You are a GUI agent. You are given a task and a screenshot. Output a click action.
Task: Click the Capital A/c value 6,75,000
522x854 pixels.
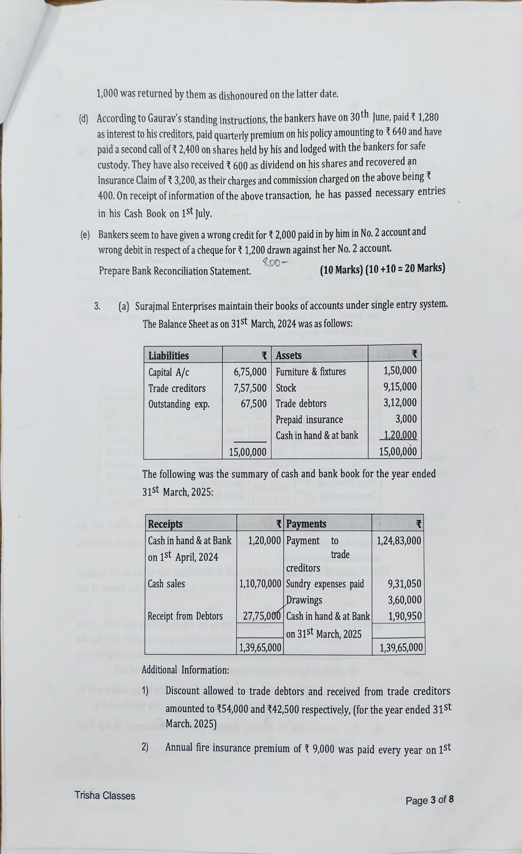pyautogui.click(x=250, y=372)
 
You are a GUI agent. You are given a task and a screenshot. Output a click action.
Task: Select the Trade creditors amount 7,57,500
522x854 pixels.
pyautogui.click(x=250, y=388)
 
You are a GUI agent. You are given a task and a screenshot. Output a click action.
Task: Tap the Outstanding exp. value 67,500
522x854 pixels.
pyautogui.click(x=254, y=404)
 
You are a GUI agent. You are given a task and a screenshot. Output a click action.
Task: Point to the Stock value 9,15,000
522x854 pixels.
pyautogui.click(x=400, y=387)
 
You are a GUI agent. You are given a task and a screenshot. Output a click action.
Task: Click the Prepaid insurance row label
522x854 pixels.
pyautogui.click(x=309, y=419)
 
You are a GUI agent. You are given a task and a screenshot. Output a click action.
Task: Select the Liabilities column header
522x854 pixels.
pyautogui.click(x=169, y=356)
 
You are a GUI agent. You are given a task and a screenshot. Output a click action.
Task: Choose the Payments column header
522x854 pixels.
pyautogui.click(x=306, y=524)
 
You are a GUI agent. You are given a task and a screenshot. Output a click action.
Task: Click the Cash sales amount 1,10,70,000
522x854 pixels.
pyautogui.click(x=260, y=584)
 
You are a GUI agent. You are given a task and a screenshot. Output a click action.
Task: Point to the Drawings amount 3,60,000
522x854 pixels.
pyautogui.click(x=405, y=600)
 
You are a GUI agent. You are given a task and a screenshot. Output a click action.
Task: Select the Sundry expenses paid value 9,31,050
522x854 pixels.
pyautogui.click(x=405, y=584)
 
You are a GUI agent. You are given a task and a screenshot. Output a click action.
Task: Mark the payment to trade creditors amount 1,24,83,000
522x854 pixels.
pyautogui.click(x=399, y=540)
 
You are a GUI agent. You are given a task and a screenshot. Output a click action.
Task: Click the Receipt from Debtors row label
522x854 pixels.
pyautogui.click(x=185, y=616)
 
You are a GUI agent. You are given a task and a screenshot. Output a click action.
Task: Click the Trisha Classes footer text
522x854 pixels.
pyautogui.click(x=105, y=795)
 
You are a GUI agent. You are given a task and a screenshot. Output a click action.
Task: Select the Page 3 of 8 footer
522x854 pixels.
pyautogui.click(x=429, y=800)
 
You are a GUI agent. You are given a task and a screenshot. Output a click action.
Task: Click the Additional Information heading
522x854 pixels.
pyautogui.click(x=185, y=670)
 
